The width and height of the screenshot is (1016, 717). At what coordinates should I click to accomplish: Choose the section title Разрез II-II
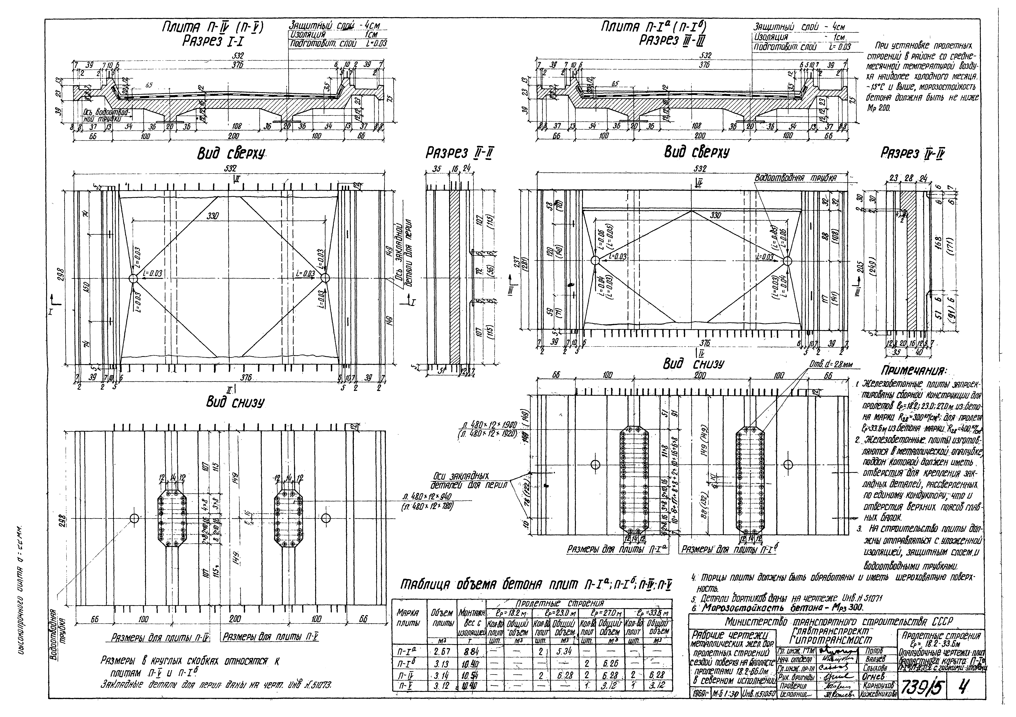(x=459, y=154)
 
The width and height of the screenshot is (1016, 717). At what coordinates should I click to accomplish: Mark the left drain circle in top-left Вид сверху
(x=133, y=278)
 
